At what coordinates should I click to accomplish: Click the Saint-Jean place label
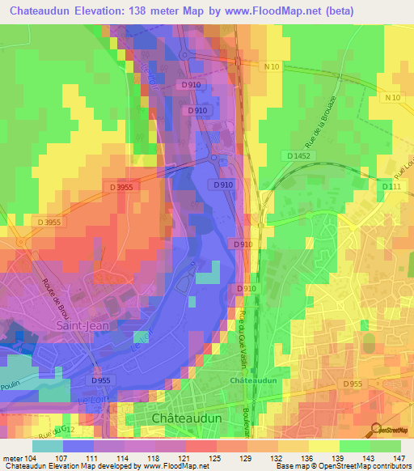(x=82, y=325)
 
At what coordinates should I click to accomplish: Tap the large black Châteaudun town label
(x=192, y=418)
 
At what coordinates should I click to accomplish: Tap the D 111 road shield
(x=391, y=188)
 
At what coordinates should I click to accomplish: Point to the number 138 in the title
(x=158, y=11)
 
